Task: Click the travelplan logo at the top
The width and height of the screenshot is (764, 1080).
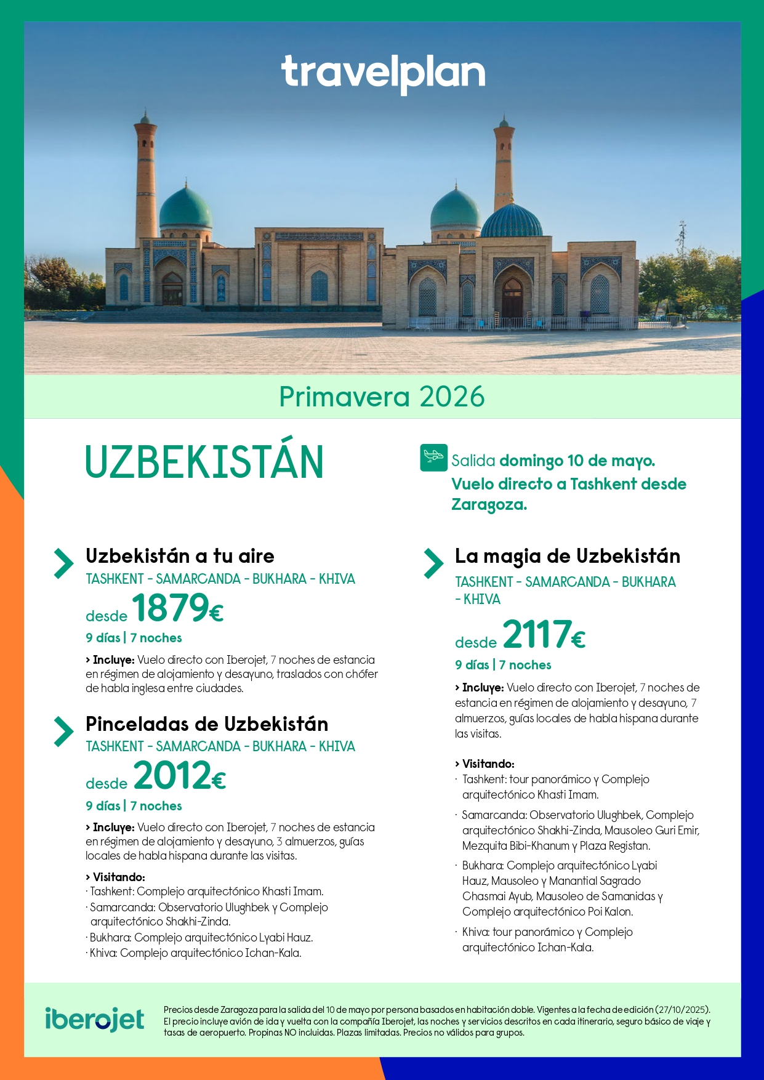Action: click(x=383, y=74)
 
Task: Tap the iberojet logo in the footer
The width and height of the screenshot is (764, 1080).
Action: click(x=95, y=1019)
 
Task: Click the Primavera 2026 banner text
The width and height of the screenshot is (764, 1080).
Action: click(x=382, y=397)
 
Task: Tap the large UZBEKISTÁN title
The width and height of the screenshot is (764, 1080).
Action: click(x=204, y=462)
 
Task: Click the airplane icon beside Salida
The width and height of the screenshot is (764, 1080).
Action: click(x=433, y=457)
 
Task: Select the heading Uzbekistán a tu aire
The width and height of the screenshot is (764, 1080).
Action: click(x=180, y=556)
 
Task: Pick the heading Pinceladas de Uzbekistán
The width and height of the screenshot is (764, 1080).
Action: click(x=207, y=724)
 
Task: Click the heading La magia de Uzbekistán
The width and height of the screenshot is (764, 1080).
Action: click(x=568, y=556)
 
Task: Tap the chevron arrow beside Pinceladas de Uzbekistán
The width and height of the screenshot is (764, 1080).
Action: click(x=63, y=731)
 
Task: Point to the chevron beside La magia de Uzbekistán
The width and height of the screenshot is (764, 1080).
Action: click(x=433, y=563)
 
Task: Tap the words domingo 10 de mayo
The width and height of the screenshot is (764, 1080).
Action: click(x=577, y=461)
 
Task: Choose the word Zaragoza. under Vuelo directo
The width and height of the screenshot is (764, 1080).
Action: click(x=489, y=505)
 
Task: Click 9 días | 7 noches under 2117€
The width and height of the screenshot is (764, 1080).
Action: click(x=503, y=665)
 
